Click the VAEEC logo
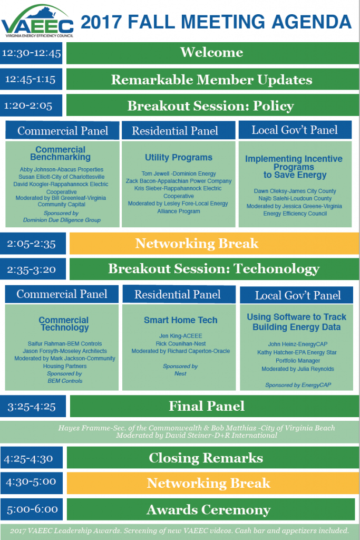click(x=37, y=21)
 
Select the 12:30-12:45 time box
click(x=31, y=53)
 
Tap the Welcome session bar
click(x=212, y=53)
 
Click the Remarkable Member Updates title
click(x=212, y=80)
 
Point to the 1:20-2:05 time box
click(x=31, y=105)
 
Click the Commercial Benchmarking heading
click(x=61, y=153)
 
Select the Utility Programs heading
click(x=179, y=157)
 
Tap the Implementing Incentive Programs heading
click(x=294, y=167)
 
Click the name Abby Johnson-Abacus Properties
click(x=62, y=169)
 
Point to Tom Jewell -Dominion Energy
click(x=179, y=173)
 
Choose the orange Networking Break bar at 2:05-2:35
click(x=214, y=244)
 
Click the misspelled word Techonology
click(x=277, y=269)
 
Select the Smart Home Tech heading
click(x=181, y=320)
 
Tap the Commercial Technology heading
click(x=64, y=324)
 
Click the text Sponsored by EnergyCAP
click(x=298, y=385)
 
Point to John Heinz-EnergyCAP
click(x=298, y=344)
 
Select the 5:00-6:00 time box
click(x=32, y=509)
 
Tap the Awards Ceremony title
click(x=209, y=510)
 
